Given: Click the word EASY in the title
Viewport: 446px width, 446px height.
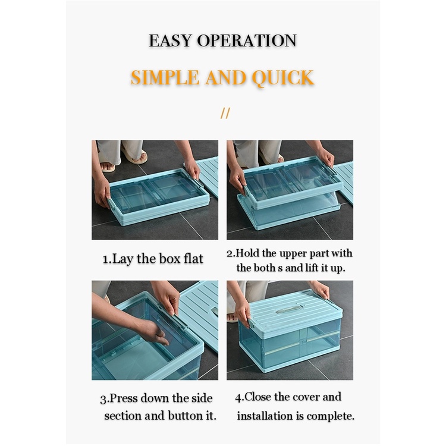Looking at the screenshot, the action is click(170, 40).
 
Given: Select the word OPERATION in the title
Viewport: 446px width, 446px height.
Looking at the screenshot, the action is click(247, 40).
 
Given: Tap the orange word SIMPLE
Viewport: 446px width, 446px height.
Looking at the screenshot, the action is click(165, 77).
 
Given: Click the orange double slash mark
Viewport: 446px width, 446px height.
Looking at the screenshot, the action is click(225, 113).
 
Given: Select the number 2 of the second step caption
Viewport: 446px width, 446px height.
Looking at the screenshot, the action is click(230, 253).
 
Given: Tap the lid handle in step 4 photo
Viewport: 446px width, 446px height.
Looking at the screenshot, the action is click(288, 308).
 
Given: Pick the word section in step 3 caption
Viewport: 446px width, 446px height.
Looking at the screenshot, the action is click(123, 416).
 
